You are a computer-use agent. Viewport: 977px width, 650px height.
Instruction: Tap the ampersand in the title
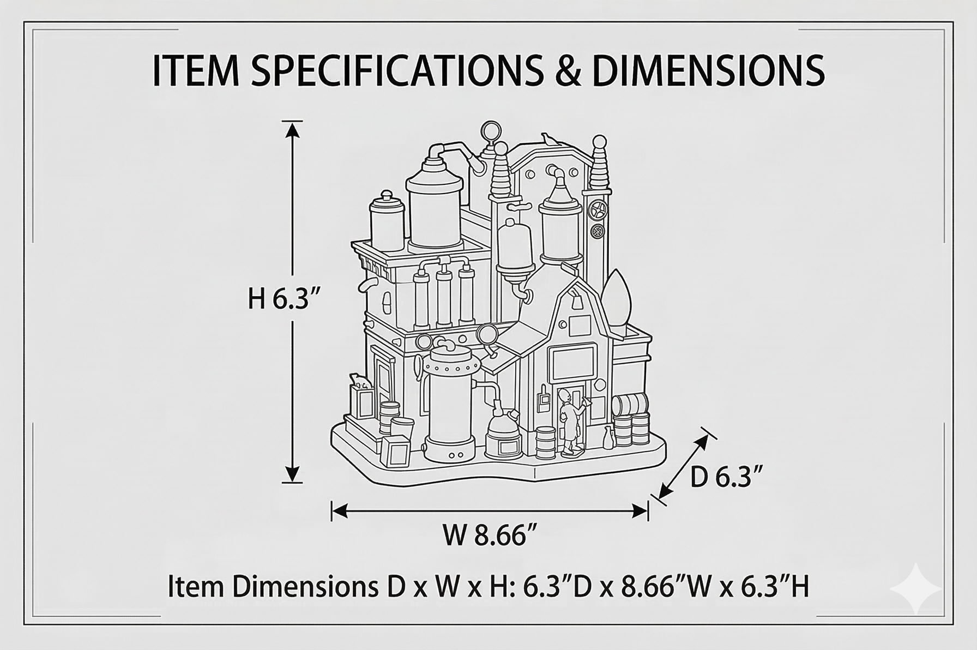tap(568, 71)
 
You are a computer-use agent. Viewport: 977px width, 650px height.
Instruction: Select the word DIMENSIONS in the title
tap(708, 70)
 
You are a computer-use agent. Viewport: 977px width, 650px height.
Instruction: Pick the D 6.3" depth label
tap(726, 478)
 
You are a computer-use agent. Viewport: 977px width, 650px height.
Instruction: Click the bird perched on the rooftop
tap(548, 140)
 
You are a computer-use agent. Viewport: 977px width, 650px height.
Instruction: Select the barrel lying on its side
tap(630, 405)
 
